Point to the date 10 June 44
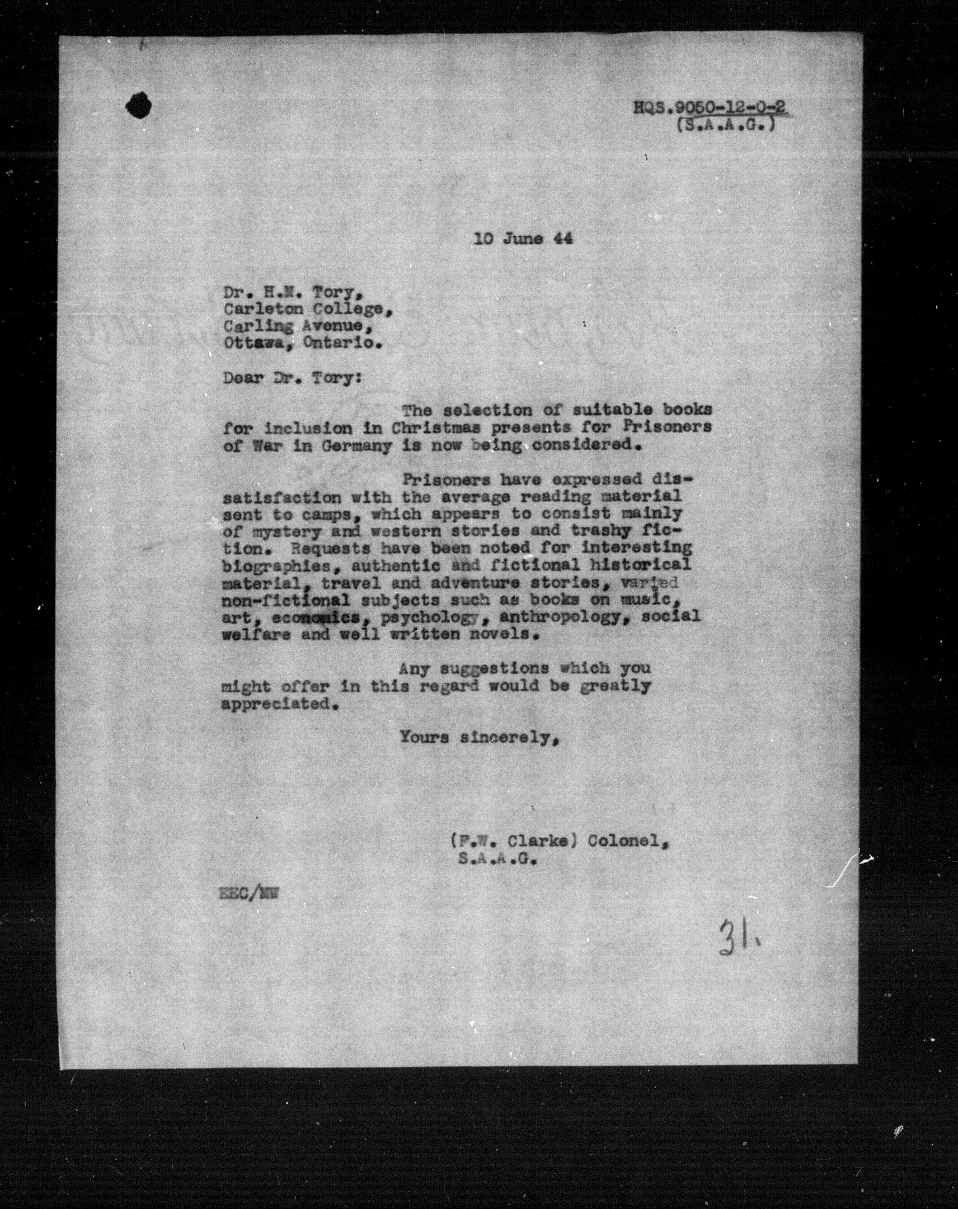coord(523,239)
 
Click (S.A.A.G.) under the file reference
coord(726,126)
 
